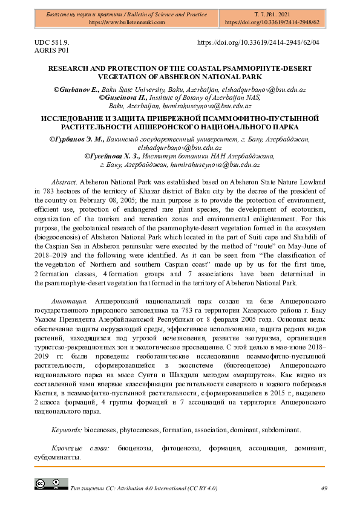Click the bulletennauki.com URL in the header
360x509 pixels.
pyautogui.click(x=127, y=22)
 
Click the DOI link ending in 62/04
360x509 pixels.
pyautogui.click(x=258, y=43)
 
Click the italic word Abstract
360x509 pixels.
pyautogui.click(x=64, y=181)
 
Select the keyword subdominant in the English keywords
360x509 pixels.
pyautogui.click(x=280, y=430)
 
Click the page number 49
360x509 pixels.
pyautogui.click(x=324, y=488)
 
